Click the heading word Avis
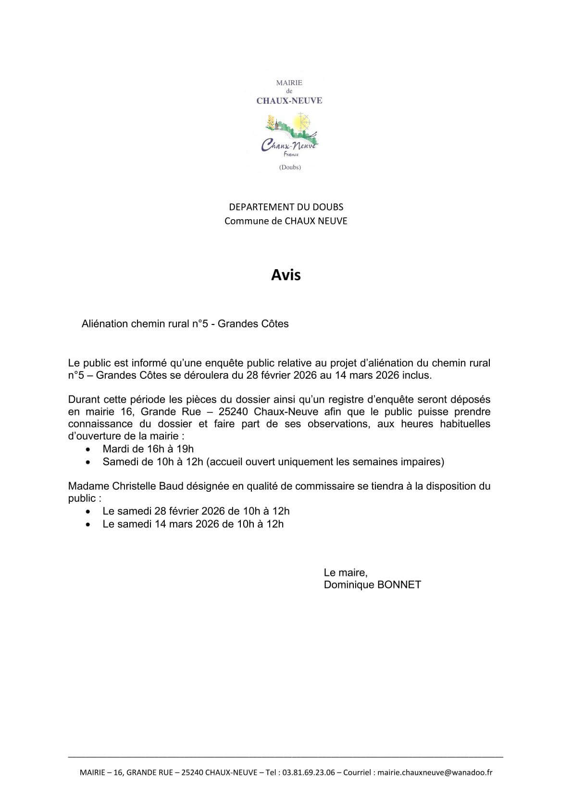pos(286,275)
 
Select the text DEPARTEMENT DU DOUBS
pos(286,207)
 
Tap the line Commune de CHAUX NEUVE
pos(286,221)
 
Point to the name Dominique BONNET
pos(372,585)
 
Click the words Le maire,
pos(346,573)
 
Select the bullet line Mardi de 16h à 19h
pos(148,449)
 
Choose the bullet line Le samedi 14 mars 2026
pos(193,524)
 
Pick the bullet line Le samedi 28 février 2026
pos(196,511)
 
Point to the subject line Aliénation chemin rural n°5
pos(185,324)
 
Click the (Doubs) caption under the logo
pos(289,167)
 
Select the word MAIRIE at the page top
pos(289,83)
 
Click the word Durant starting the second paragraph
pos(83,399)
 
